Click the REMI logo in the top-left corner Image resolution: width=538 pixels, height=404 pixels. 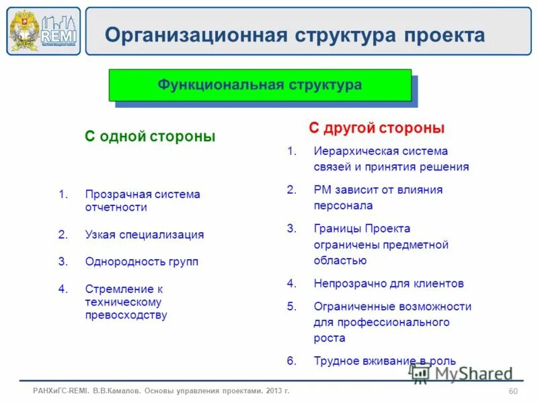tap(44, 31)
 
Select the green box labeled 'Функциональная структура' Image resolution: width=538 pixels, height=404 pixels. tap(260, 85)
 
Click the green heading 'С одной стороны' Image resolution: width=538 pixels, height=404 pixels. tap(150, 137)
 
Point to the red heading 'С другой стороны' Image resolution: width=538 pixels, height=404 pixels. tap(377, 128)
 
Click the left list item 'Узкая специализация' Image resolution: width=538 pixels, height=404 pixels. tap(144, 235)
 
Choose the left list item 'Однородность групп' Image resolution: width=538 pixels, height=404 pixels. tap(142, 261)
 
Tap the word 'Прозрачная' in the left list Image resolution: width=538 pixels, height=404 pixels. tap(118, 194)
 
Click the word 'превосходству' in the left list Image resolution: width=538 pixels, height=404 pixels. tap(126, 314)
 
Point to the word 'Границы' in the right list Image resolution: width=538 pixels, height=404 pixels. tap(338, 228)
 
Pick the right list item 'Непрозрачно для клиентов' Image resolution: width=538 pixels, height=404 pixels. tap(389, 283)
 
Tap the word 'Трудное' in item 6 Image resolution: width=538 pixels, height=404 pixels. tap(336, 361)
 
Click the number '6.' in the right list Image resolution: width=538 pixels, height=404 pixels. tap(291, 361)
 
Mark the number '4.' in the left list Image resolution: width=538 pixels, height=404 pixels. tap(63, 289)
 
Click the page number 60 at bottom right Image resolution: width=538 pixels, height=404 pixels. tap(513, 392)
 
